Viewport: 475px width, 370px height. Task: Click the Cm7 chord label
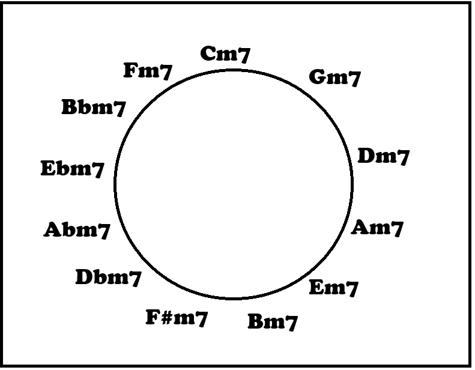[225, 55]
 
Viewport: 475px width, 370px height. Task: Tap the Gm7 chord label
[334, 78]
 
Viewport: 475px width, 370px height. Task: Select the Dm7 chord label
[384, 157]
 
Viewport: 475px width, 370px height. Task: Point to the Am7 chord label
[377, 228]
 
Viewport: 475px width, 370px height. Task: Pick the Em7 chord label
[333, 288]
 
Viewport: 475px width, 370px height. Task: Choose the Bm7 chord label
[273, 322]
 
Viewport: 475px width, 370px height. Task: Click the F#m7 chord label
[177, 318]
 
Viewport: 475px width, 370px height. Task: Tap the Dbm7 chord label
[109, 277]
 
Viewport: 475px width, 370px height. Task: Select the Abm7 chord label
[77, 230]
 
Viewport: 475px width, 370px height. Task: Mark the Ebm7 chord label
[73, 169]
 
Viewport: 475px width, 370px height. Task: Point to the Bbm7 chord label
[94, 108]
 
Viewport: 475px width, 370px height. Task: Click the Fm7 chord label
[148, 71]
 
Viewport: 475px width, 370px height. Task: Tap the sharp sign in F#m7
[166, 318]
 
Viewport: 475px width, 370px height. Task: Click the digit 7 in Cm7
[244, 55]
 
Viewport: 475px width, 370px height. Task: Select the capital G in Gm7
[317, 77]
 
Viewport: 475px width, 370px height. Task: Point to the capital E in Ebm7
[49, 168]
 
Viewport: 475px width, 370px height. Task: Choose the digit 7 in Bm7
[291, 323]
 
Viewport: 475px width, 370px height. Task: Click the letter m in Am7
[381, 229]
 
